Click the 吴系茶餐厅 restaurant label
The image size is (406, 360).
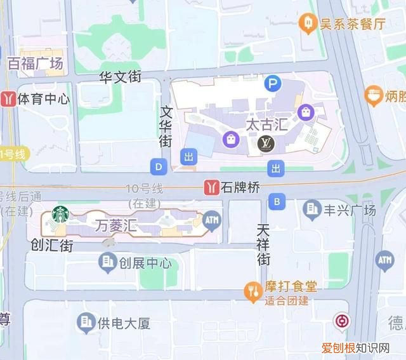[351, 24]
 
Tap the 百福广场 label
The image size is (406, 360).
[35, 63]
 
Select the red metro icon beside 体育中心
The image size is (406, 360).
[8, 98]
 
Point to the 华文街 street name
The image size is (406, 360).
[120, 77]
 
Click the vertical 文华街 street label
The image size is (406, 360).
[166, 126]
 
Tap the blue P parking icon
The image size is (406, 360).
[273, 83]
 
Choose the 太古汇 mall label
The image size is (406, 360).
[266, 124]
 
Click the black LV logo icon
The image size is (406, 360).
[266, 145]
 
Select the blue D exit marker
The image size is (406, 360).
[159, 167]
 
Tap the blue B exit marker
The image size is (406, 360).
[276, 203]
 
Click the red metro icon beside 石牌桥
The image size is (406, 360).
[211, 187]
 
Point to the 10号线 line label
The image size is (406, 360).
[144, 189]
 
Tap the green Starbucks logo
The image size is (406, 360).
[60, 215]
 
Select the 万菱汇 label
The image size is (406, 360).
[115, 225]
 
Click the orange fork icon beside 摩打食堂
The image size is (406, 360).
[252, 291]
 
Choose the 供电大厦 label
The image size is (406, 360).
[124, 323]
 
